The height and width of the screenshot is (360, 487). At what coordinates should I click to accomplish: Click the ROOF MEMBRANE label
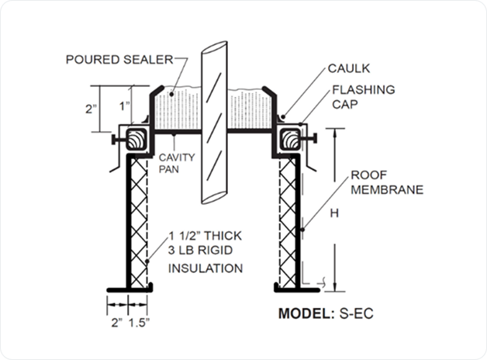click(x=391, y=182)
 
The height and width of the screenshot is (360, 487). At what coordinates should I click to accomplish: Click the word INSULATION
click(x=206, y=268)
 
